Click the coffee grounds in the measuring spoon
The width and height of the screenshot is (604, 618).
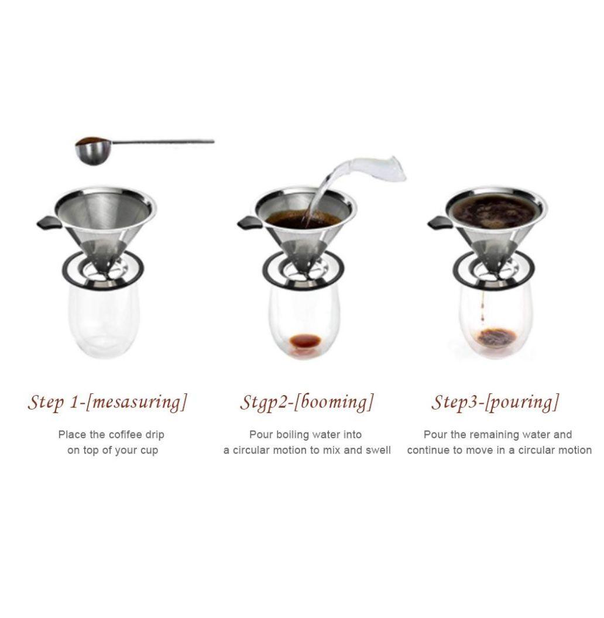coord(90,140)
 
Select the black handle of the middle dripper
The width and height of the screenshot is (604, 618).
coord(249,223)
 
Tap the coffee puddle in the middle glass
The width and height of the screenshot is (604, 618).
coord(305,341)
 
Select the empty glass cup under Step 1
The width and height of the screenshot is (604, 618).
coord(105,321)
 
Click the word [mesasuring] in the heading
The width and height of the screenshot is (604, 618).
coord(136,403)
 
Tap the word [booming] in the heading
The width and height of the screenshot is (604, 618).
coord(334,403)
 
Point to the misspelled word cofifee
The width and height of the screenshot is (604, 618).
coord(122,435)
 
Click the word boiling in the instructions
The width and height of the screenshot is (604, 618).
coord(292,435)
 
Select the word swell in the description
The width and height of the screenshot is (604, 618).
coord(378,450)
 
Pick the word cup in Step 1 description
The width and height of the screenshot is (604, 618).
coord(149,451)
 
